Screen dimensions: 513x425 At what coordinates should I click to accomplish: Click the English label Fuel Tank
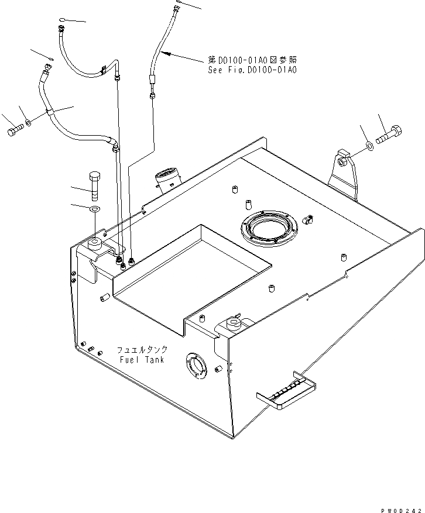point(142,359)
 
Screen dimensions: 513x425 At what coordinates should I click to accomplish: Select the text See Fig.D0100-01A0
point(252,70)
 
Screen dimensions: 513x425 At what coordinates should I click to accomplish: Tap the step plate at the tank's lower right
point(287,391)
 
